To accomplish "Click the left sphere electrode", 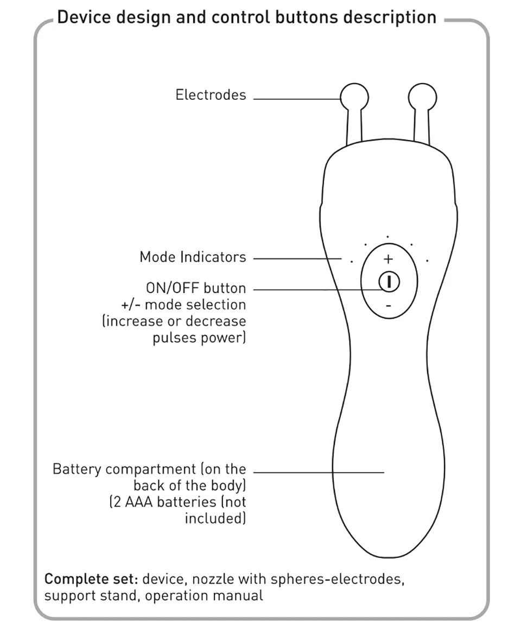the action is [354, 97].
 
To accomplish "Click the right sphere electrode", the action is [422, 97].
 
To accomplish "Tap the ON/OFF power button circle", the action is [389, 282].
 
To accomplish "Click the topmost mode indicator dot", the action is [387, 237].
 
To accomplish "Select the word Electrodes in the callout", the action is [211, 95].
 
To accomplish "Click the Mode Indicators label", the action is [193, 257].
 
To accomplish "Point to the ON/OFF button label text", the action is [195, 288].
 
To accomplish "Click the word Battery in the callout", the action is [77, 469].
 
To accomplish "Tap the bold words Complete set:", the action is [91, 579].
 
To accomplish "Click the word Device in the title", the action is [81, 17].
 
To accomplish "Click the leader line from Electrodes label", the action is [296, 99].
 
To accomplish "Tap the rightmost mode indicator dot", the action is [428, 261].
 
